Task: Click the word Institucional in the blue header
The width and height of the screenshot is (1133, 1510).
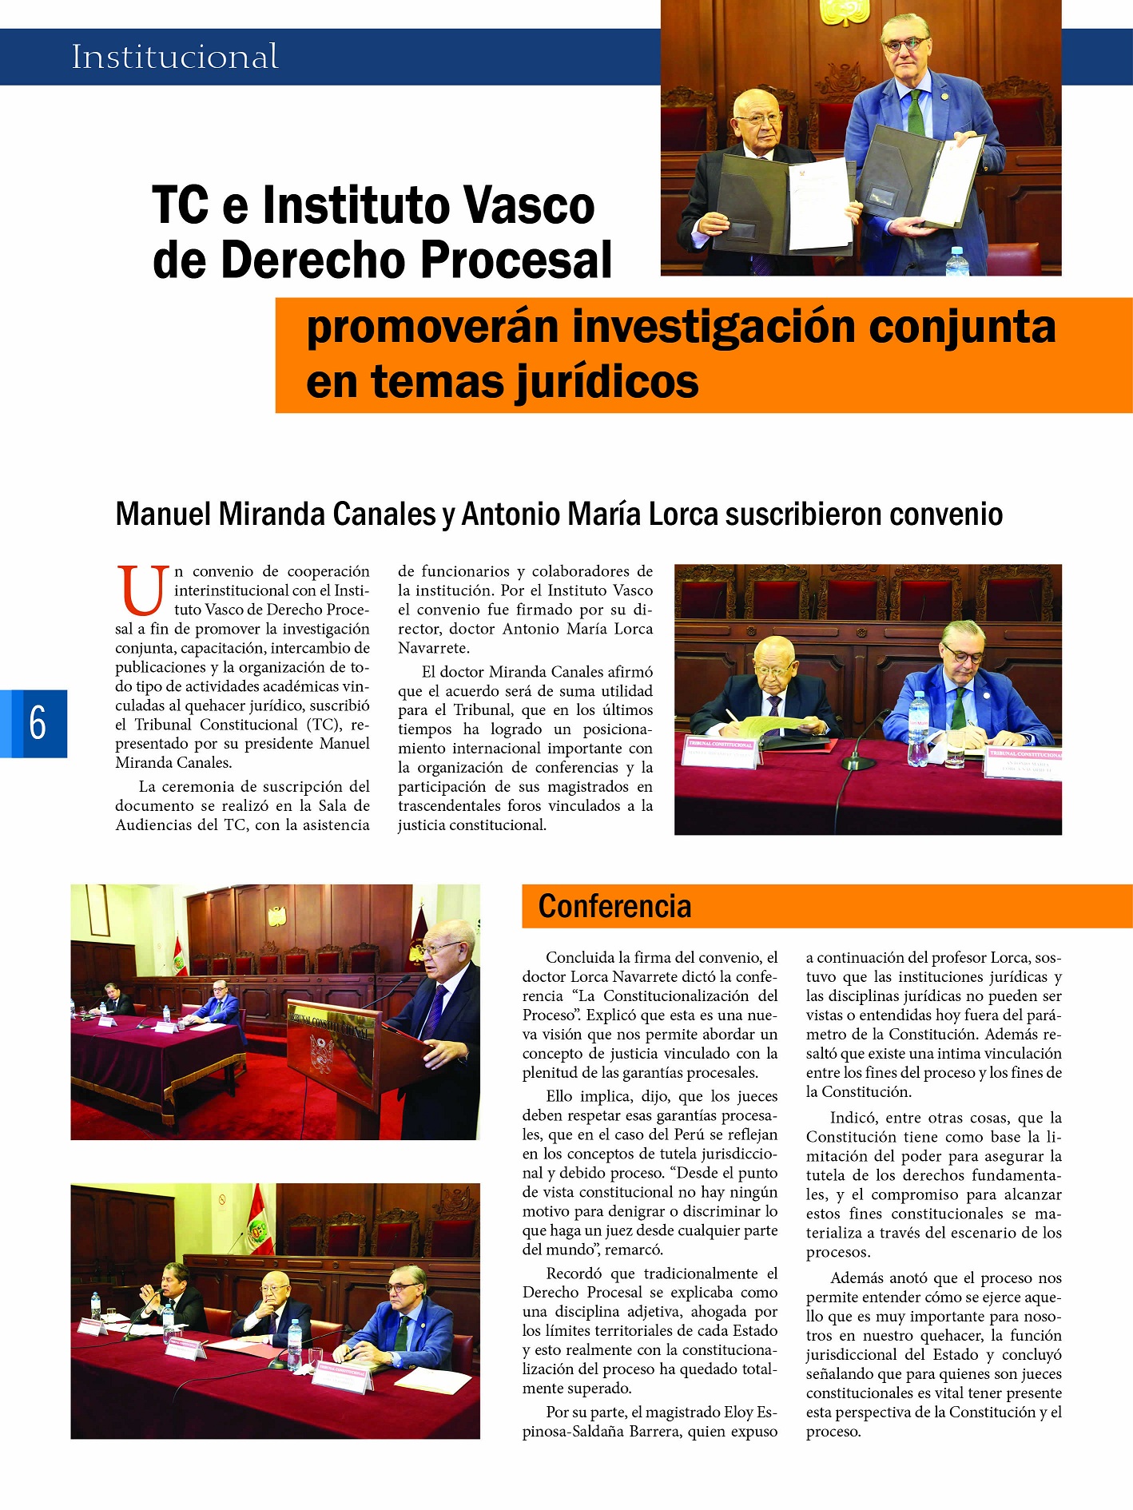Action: click(175, 57)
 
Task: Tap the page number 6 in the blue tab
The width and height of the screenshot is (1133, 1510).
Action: click(38, 723)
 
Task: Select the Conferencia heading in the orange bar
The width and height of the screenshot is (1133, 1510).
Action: click(614, 906)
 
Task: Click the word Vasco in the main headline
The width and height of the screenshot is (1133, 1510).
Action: click(530, 205)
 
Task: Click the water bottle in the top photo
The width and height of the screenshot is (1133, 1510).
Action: click(956, 261)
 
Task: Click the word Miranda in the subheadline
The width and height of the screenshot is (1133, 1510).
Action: click(271, 514)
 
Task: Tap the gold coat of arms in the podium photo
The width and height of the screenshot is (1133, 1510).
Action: click(276, 916)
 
